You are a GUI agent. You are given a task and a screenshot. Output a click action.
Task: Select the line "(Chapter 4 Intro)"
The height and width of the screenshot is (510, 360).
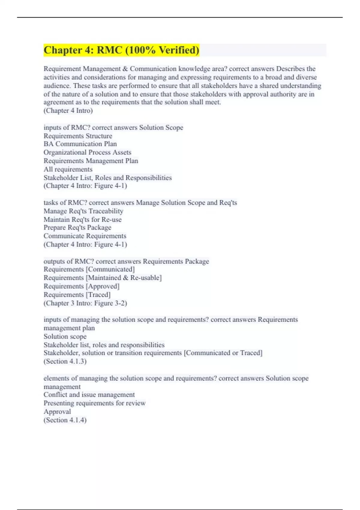pyautogui.click(x=68, y=111)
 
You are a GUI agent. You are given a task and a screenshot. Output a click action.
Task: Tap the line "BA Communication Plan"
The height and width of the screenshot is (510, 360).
pyautogui.click(x=80, y=144)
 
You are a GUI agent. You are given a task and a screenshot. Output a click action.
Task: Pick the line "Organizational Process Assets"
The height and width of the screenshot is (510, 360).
pyautogui.click(x=87, y=152)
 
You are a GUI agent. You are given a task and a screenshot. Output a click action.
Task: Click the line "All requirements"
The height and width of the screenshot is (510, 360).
pyautogui.click(x=68, y=169)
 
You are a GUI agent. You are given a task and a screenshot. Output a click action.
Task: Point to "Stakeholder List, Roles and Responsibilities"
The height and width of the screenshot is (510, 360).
pyautogui.click(x=108, y=178)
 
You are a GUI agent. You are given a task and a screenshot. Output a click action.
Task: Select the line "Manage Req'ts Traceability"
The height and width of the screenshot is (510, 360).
pyautogui.click(x=83, y=211)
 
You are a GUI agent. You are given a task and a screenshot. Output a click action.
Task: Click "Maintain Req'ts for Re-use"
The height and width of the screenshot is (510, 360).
pyautogui.click(x=82, y=220)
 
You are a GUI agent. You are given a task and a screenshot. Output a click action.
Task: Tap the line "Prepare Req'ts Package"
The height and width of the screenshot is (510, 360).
pyautogui.click(x=77, y=228)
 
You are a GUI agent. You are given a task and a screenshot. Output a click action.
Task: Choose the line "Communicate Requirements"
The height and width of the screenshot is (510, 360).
pyautogui.click(x=85, y=236)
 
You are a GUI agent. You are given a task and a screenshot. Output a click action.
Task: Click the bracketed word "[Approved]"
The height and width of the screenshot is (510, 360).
pyautogui.click(x=103, y=286)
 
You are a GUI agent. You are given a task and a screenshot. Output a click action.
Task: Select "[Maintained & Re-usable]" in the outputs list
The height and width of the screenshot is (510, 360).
pyautogui.click(x=124, y=278)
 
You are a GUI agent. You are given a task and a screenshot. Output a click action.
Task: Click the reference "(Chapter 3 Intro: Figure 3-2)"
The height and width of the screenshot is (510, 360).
pyautogui.click(x=85, y=303)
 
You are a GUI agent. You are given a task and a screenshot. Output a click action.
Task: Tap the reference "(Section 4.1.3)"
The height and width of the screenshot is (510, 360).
pyautogui.click(x=65, y=361)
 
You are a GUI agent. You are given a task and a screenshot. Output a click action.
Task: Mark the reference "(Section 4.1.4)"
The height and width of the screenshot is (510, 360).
pyautogui.click(x=65, y=420)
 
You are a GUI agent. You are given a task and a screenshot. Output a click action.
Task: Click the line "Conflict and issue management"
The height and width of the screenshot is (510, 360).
pyautogui.click(x=89, y=395)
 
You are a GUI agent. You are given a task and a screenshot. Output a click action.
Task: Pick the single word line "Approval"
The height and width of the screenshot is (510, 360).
pyautogui.click(x=57, y=412)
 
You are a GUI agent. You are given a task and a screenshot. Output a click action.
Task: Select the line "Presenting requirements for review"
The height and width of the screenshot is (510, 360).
pyautogui.click(x=94, y=403)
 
